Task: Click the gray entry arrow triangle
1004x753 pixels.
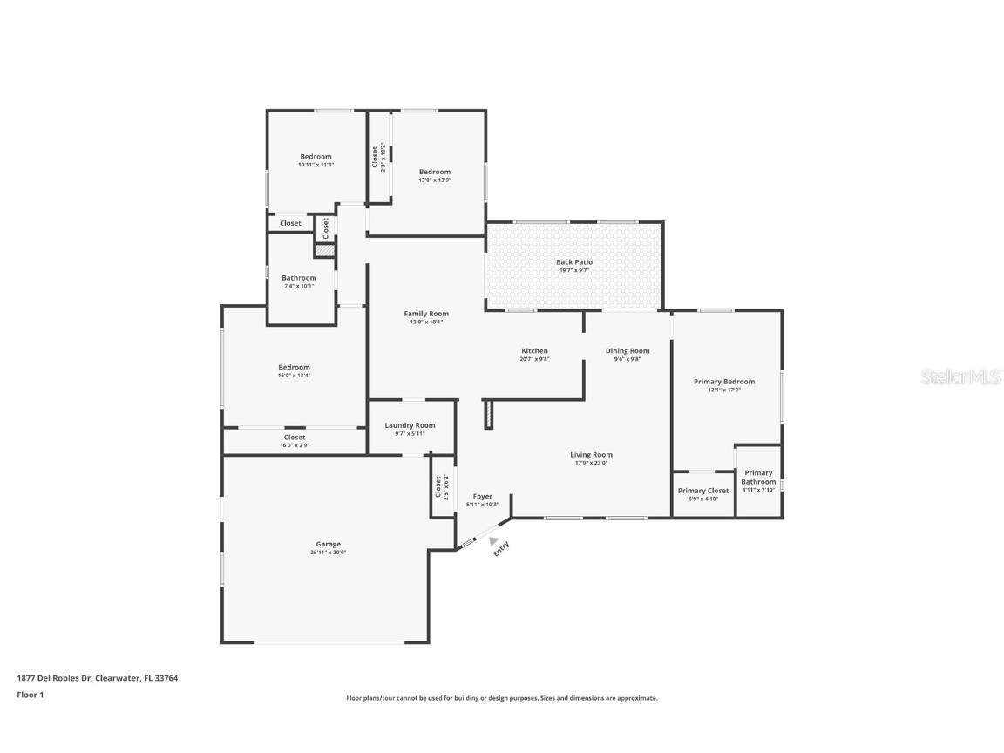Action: [x=493, y=541]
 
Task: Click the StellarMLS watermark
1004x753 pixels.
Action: [x=963, y=376]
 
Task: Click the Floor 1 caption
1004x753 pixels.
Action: [x=30, y=695]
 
